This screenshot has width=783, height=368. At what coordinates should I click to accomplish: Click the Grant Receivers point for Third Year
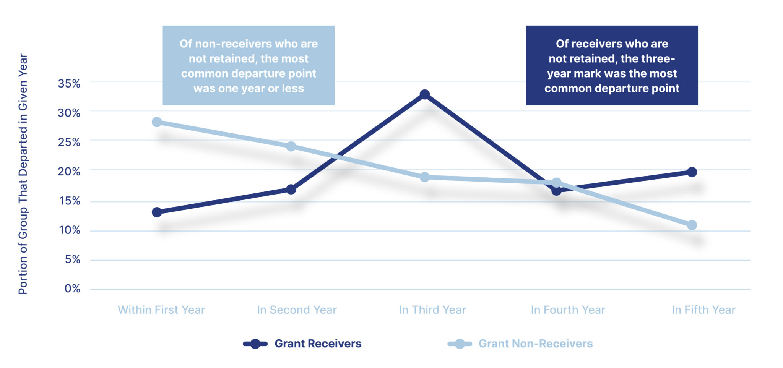(424, 94)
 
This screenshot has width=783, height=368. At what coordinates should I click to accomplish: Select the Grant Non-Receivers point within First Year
(157, 122)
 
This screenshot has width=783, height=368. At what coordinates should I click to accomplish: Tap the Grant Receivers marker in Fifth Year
(692, 172)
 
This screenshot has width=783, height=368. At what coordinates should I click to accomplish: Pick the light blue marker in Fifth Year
(692, 225)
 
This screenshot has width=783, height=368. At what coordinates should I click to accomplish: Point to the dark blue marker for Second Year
(291, 189)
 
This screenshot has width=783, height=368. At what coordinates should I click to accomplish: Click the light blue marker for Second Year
(291, 146)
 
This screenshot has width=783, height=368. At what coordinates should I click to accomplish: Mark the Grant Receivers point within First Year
(157, 212)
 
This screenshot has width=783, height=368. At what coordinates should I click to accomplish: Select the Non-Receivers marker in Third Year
(424, 177)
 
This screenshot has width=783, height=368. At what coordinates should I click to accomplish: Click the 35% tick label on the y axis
(69, 83)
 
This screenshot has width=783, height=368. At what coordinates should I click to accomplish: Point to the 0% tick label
(72, 289)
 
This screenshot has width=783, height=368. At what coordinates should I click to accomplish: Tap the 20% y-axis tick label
(69, 171)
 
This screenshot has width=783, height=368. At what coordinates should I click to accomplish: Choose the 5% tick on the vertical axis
(72, 259)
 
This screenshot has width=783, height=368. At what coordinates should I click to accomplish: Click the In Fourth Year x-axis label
(568, 310)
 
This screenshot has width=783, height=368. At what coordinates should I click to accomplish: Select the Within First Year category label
(161, 310)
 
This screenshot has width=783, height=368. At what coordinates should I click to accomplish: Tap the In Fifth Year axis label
(703, 310)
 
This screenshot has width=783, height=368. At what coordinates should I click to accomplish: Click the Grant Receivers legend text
(318, 344)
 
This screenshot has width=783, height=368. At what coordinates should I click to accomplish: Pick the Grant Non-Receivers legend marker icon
(460, 344)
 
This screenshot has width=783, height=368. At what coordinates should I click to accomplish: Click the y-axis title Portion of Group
(23, 245)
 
